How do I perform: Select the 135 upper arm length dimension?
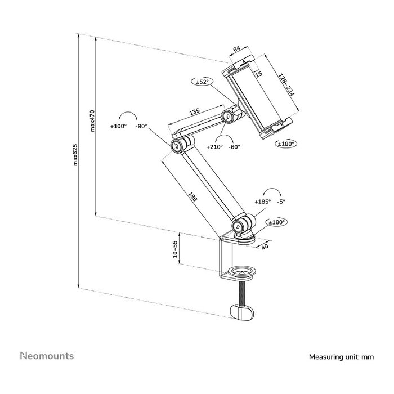(x=195, y=112)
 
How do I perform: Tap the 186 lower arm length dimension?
(x=193, y=197)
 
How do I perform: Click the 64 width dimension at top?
(x=237, y=50)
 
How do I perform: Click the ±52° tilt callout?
(x=202, y=82)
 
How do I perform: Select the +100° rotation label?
(x=119, y=127)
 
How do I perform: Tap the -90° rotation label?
(x=141, y=127)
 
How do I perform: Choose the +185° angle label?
(x=262, y=202)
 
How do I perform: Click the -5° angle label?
(x=281, y=202)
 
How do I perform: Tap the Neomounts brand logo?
(x=47, y=356)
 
